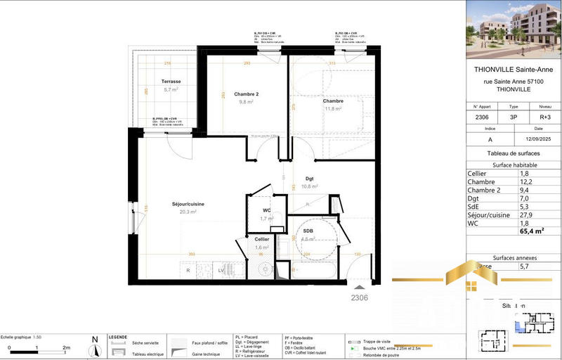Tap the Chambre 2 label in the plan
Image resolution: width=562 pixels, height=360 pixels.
(x=246, y=94)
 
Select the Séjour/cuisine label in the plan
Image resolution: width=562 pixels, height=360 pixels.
(x=188, y=204)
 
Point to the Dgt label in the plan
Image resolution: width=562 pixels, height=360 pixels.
(x=309, y=179)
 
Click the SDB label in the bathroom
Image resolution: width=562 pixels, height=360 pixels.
(x=308, y=231)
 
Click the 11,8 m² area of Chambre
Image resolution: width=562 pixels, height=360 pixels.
(x=332, y=109)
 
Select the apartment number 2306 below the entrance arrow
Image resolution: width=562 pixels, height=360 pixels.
(x=360, y=297)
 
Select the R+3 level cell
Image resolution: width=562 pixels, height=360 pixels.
(x=537, y=117)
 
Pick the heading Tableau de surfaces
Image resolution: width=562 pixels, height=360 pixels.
(x=513, y=153)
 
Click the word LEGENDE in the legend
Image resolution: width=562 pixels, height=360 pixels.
(x=117, y=337)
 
